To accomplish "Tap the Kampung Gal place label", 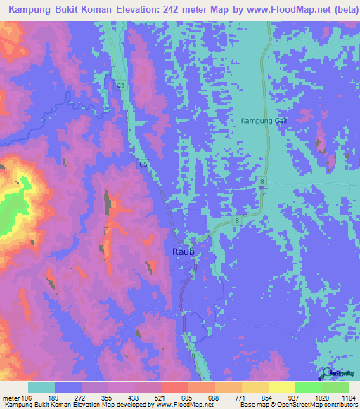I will click(264, 121).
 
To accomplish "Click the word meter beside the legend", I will click(11, 397).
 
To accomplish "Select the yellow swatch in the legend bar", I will click(282, 387).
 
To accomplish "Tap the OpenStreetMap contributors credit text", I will click(316, 405).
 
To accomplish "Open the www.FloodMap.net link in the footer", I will click(186, 405).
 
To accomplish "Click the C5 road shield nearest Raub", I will click(143, 164).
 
